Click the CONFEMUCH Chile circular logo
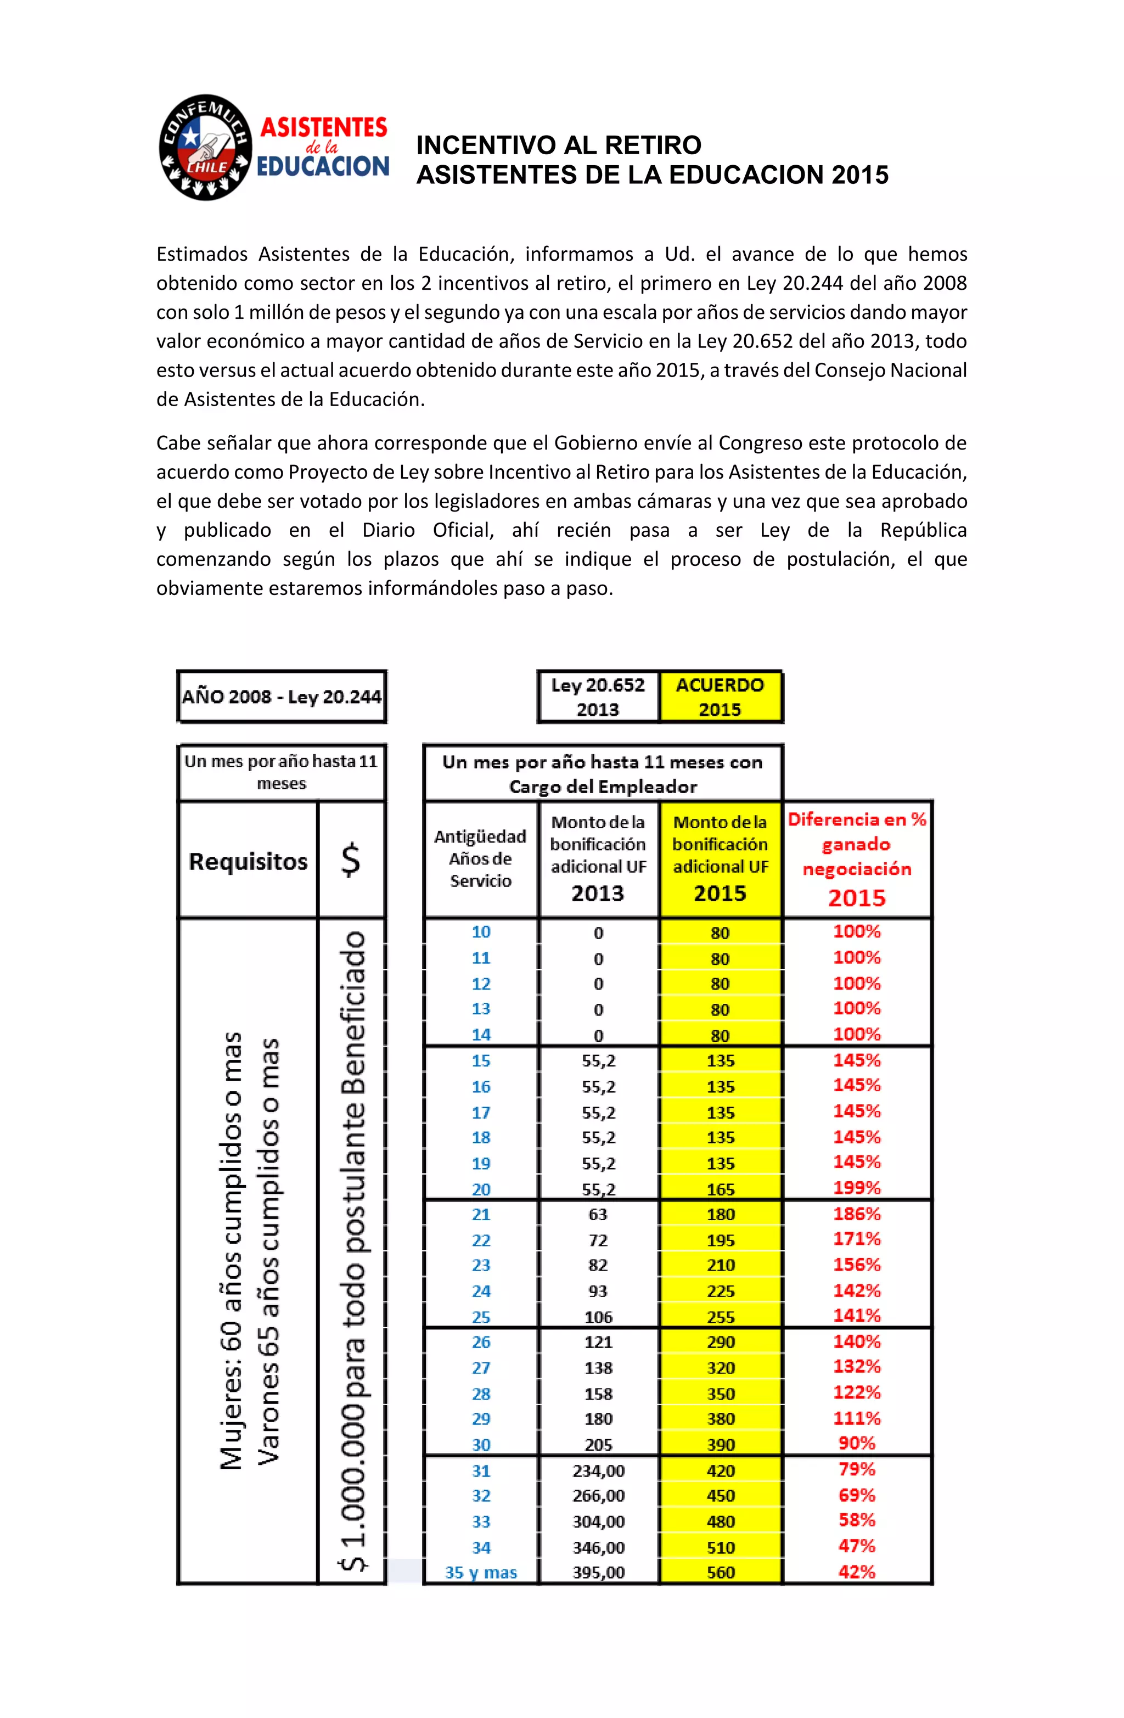coord(206,147)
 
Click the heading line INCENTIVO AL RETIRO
coord(558,145)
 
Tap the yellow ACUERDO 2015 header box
coord(720,697)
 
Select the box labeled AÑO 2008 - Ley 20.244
coord(282,697)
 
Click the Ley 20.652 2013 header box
coord(598,697)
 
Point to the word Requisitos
coord(248,861)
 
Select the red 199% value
coord(857,1187)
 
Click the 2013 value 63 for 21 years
coord(598,1214)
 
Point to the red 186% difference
coord(857,1214)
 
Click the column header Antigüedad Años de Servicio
coord(480,858)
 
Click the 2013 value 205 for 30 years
coord(598,1445)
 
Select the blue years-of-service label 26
coord(481,1342)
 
